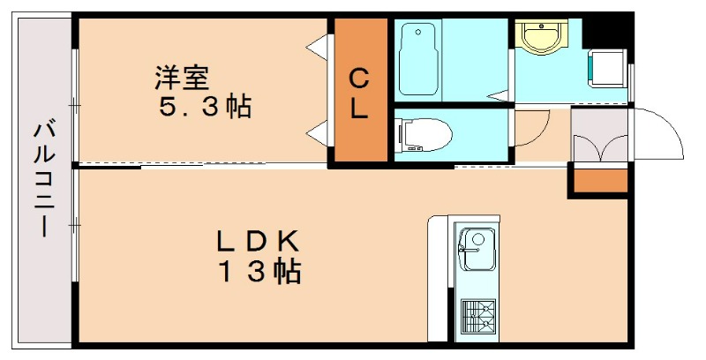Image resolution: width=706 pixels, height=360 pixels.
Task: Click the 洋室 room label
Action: (183, 78)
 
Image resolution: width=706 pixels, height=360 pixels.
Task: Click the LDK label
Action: (260, 240)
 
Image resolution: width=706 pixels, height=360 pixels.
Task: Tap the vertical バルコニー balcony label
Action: (42, 181)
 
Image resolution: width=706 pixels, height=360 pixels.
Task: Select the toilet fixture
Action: (424, 135)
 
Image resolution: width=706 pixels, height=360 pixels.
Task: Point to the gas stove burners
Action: (477, 316)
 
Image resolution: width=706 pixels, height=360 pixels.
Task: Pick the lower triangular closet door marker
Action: (313, 133)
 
